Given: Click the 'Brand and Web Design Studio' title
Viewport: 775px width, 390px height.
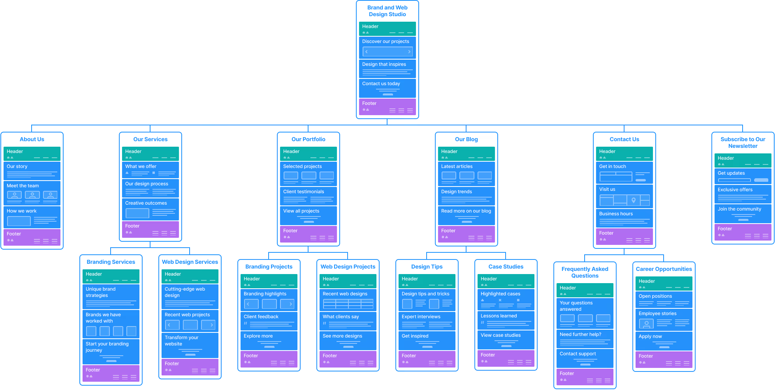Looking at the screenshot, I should click(387, 11).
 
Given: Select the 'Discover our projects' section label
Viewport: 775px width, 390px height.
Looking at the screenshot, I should click(386, 41).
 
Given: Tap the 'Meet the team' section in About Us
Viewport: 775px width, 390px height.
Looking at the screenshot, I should click(23, 186).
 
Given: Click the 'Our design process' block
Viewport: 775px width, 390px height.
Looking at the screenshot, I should click(147, 184).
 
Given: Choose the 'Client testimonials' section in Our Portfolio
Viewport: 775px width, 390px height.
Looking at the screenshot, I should click(303, 192).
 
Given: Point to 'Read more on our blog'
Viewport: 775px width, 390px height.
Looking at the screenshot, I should click(466, 211).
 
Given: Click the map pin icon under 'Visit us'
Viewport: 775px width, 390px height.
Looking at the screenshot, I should click(634, 200).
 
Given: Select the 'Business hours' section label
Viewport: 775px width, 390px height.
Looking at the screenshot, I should click(616, 214).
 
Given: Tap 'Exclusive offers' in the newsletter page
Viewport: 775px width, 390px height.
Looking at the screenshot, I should click(735, 190).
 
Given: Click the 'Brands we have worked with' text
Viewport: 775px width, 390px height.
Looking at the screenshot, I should click(103, 318).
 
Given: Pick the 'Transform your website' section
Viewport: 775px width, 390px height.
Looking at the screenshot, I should click(182, 341).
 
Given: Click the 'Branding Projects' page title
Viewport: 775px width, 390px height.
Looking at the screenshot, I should click(269, 267).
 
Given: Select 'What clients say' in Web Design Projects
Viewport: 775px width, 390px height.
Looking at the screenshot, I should click(341, 317).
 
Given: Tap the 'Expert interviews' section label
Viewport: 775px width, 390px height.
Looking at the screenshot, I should click(421, 317).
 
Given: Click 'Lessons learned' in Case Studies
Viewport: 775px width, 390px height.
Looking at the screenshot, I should click(498, 316).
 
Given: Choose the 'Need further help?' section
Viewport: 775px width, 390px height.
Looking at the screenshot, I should click(580, 334).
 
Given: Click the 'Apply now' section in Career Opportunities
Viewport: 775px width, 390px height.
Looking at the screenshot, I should click(650, 336).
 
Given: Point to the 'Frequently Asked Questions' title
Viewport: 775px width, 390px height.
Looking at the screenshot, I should click(585, 272).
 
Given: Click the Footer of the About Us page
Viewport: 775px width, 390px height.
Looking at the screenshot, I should click(32, 237).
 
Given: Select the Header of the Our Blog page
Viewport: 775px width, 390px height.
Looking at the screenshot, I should click(466, 154).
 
